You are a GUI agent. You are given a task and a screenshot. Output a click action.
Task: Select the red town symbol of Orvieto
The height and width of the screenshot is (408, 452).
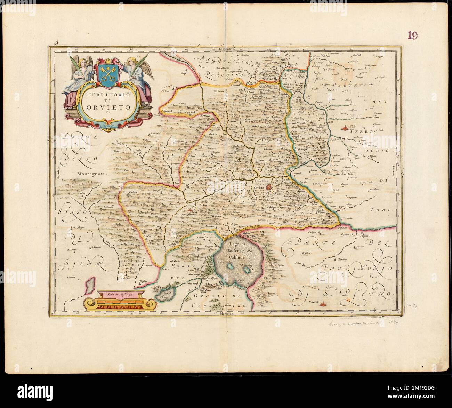(x=269, y=187)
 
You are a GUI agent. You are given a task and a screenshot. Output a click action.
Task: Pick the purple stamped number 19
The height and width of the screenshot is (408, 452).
(x=413, y=35)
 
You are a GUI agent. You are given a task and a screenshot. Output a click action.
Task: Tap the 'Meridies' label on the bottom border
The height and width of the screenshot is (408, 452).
(x=228, y=314)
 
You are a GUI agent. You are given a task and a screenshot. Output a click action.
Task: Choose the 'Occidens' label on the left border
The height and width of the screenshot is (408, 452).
(x=55, y=171)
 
